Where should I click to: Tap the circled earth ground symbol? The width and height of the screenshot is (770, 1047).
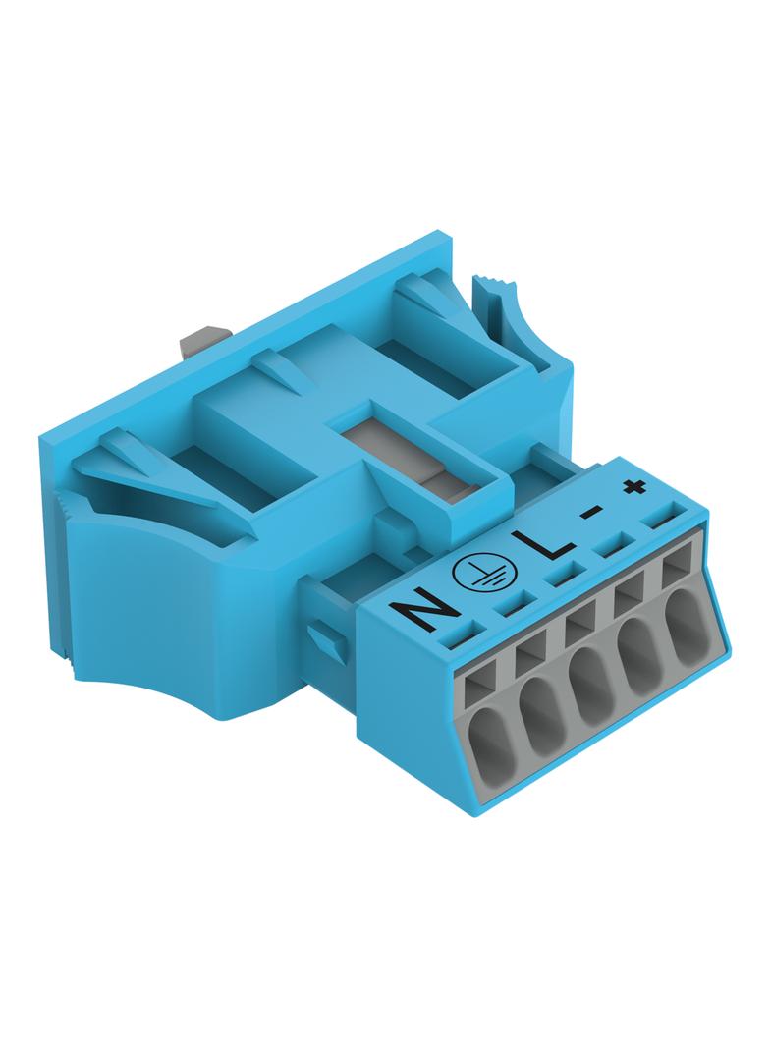point(476,574)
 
